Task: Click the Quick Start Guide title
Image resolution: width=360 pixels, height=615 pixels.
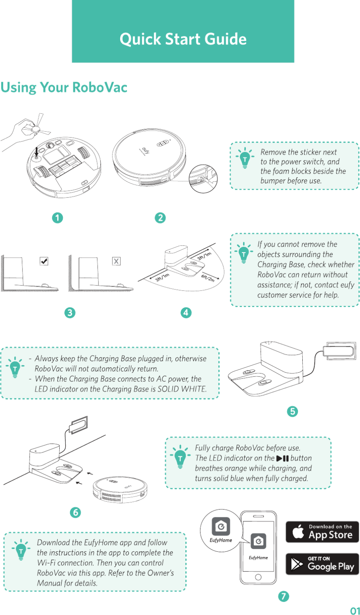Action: pyautogui.click(x=183, y=39)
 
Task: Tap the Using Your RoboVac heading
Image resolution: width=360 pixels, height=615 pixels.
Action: pyautogui.click(x=64, y=87)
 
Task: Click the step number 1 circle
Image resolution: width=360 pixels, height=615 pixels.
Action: pyautogui.click(x=57, y=218)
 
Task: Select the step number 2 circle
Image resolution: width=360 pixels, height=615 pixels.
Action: pyautogui.click(x=160, y=218)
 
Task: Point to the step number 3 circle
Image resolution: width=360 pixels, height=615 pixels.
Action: pyautogui.click(x=70, y=313)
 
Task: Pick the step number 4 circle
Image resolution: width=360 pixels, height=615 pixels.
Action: pyautogui.click(x=186, y=313)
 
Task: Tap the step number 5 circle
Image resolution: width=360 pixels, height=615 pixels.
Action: pyautogui.click(x=292, y=412)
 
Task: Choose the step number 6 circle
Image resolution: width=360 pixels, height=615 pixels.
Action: pyautogui.click(x=76, y=512)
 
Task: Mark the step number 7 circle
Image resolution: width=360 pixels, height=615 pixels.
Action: pyautogui.click(x=284, y=596)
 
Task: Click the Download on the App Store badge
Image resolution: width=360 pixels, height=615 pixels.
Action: pyautogui.click(x=322, y=532)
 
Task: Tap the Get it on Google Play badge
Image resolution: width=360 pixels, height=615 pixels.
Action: pyautogui.click(x=322, y=564)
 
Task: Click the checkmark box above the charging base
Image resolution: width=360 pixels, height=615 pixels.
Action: pyautogui.click(x=44, y=261)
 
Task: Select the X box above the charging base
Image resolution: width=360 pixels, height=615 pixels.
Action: pyautogui.click(x=116, y=261)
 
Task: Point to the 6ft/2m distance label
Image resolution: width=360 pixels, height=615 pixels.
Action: pyautogui.click(x=207, y=277)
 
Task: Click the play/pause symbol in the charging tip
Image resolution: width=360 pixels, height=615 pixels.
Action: pyautogui.click(x=283, y=458)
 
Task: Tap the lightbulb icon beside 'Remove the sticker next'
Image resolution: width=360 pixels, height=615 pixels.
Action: pyautogui.click(x=245, y=158)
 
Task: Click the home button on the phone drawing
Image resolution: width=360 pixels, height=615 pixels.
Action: pyautogui.click(x=258, y=577)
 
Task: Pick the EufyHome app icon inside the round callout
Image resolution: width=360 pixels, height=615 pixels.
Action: pyautogui.click(x=221, y=527)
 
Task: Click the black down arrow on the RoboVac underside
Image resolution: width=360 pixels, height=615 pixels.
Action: pyautogui.click(x=37, y=152)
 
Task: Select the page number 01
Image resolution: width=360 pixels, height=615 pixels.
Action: pyautogui.click(x=355, y=611)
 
